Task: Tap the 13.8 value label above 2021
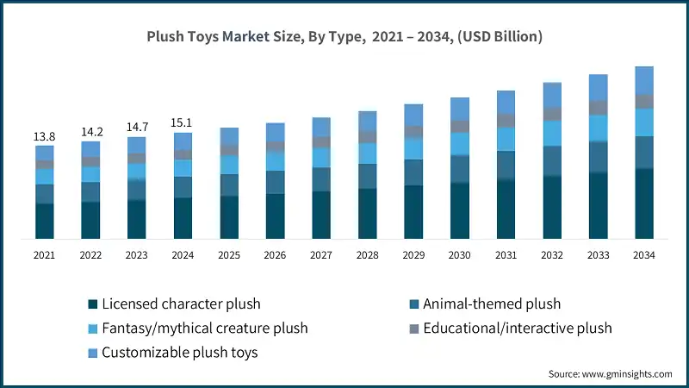(x=44, y=137)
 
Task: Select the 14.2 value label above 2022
(x=90, y=133)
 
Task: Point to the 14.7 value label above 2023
(x=136, y=128)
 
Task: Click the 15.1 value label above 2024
(x=183, y=123)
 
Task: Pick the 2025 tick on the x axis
(x=228, y=255)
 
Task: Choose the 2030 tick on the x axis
(x=459, y=255)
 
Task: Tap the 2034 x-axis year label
(x=643, y=255)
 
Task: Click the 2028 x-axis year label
(x=367, y=255)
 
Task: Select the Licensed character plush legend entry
(x=180, y=304)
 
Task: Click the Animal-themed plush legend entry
(x=492, y=304)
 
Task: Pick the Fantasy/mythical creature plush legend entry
(x=204, y=328)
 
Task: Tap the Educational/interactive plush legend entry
(x=518, y=328)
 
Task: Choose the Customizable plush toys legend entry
(x=179, y=352)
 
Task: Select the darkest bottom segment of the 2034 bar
(x=643, y=203)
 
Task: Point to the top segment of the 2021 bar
(x=44, y=153)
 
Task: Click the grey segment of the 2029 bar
(x=413, y=132)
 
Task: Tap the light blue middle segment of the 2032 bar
(x=551, y=133)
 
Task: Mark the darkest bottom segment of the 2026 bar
(x=275, y=216)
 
